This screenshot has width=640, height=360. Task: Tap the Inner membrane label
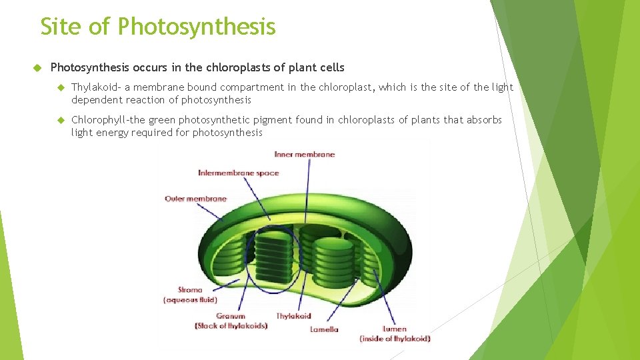point(304,155)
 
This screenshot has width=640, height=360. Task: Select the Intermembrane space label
point(238,173)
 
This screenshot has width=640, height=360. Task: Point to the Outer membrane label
point(195,199)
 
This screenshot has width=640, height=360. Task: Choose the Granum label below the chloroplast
point(231,316)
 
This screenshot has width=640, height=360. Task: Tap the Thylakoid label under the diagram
point(294,316)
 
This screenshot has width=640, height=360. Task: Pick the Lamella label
point(324,329)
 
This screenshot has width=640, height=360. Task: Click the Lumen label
point(395,329)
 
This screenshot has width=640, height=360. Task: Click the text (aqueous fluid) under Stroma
point(190,300)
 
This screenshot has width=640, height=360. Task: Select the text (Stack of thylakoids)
point(231,326)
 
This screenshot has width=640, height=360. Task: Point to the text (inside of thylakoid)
point(395,339)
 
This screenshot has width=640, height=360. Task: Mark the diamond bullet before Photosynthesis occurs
point(38,68)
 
